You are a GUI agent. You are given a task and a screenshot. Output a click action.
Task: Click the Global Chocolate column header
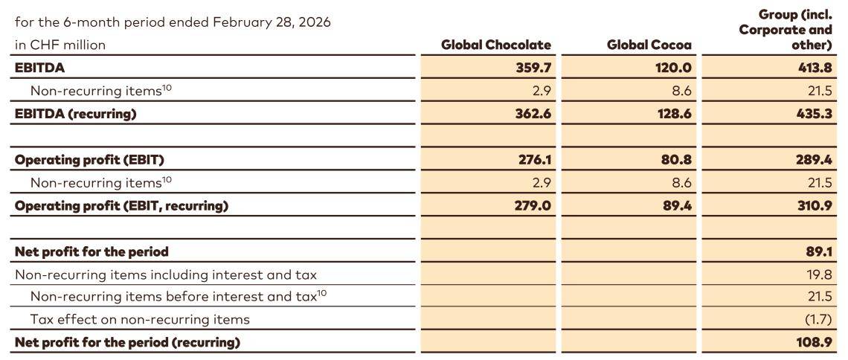pos(496,45)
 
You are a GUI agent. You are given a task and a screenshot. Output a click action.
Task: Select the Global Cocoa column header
pos(649,45)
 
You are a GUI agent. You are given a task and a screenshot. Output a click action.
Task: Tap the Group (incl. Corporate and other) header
pos(785,30)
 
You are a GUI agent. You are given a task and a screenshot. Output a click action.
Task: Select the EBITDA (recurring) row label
pos(76,114)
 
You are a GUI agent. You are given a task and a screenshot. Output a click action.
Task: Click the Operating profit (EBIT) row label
pos(89,160)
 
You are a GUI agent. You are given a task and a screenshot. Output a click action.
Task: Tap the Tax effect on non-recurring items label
pos(140,319)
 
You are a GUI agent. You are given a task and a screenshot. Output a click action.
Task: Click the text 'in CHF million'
pos(60,45)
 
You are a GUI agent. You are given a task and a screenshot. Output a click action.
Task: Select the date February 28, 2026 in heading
pos(272,22)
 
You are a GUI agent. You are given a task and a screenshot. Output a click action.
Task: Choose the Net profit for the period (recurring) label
pos(127,342)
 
